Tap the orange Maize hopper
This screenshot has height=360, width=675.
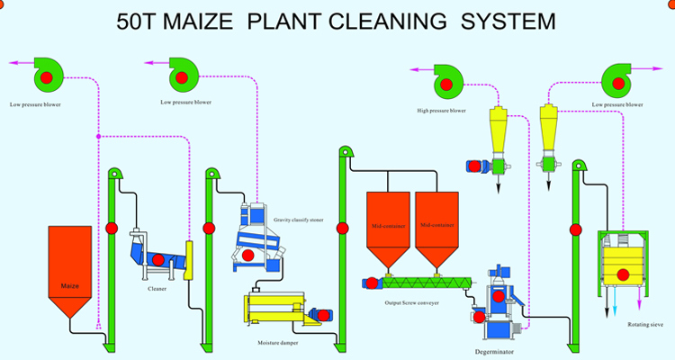69,261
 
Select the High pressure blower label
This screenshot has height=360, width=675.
441,111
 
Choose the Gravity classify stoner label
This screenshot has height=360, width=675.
298,219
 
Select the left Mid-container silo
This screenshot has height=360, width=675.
389,225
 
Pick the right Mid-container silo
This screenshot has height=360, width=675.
437,225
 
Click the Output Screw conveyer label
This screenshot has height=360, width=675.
412,303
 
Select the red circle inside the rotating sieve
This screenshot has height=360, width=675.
622,274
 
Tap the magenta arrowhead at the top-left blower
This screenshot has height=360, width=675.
12,63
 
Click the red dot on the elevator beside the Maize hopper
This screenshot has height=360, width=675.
112,229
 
